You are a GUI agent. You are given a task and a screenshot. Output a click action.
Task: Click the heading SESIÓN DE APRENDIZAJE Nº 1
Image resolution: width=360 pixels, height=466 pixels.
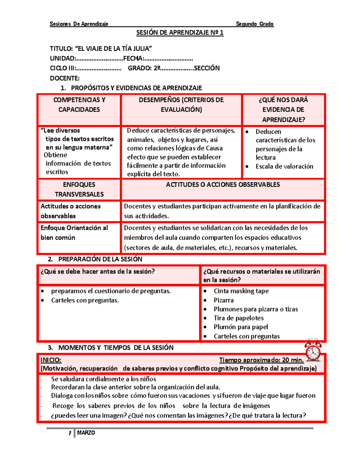(180, 33)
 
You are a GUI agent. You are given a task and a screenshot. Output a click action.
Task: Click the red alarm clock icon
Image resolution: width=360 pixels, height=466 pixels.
(313, 350)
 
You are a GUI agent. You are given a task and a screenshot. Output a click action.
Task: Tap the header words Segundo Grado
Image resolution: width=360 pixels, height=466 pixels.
(254, 24)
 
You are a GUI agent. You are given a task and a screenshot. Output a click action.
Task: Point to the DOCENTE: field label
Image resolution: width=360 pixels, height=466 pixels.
(64, 78)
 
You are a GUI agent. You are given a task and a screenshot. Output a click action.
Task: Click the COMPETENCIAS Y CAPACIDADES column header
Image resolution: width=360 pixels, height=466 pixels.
(79, 105)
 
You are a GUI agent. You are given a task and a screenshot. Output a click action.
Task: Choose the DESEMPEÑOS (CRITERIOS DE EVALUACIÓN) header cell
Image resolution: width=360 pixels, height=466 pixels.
(181, 105)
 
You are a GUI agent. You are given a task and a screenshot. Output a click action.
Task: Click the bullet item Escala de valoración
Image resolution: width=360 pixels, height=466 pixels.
(284, 167)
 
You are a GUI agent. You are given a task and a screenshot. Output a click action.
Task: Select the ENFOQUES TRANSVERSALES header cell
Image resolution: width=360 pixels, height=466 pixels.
(79, 189)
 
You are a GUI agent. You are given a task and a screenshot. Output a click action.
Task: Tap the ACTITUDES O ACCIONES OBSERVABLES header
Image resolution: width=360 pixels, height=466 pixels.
(223, 185)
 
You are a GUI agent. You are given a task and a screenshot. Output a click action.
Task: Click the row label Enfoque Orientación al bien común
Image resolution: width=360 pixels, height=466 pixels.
(74, 233)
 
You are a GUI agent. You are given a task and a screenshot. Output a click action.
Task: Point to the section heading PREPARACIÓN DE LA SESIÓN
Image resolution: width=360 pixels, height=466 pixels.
(100, 259)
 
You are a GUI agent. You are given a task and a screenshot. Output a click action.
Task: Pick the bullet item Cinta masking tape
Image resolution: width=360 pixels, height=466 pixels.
(241, 291)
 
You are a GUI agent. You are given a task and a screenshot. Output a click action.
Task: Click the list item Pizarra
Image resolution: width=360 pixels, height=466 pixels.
(223, 300)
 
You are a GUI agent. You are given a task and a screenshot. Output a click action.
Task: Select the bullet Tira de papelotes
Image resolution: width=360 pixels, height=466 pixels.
(238, 318)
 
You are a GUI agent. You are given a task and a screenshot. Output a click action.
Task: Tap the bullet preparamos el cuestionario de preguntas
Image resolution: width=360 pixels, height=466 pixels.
(111, 291)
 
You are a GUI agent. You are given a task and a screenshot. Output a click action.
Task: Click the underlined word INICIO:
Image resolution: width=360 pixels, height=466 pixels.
(51, 360)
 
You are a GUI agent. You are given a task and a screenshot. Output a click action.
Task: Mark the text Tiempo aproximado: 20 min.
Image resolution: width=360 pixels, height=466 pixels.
(261, 360)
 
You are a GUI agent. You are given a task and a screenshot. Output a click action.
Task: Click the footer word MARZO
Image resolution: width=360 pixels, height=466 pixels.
(86, 433)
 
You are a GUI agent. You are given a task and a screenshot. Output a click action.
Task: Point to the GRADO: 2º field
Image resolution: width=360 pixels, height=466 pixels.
(144, 68)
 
